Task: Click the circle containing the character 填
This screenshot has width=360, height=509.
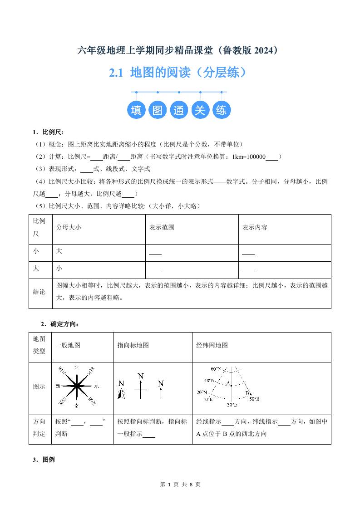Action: pyautogui.click(x=136, y=110)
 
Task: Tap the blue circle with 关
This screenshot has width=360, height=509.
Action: pyautogui.click(x=200, y=110)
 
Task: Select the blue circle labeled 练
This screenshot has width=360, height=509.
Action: pyautogui.click(x=222, y=110)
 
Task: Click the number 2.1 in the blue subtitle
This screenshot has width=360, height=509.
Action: pyautogui.click(x=117, y=73)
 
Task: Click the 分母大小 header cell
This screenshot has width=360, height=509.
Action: pyautogui.click(x=69, y=228)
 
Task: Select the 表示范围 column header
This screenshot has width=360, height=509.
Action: pyautogui.click(x=162, y=228)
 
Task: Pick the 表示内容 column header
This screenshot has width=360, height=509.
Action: pyautogui.click(x=255, y=228)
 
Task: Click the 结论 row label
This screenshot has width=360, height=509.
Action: pyautogui.click(x=39, y=292)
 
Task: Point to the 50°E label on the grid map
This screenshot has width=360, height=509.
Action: pyautogui.click(x=254, y=399)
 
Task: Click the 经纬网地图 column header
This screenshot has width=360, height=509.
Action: pyautogui.click(x=212, y=345)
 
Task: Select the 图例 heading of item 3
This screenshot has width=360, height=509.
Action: pyautogui.click(x=48, y=460)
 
